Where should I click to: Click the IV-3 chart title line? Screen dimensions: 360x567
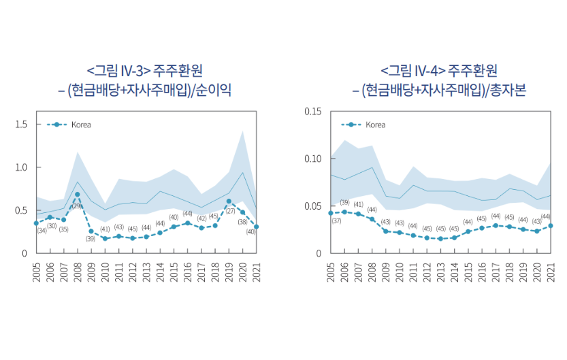pyautogui.click(x=144, y=70)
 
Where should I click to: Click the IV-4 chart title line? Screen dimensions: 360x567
pyautogui.click(x=439, y=70)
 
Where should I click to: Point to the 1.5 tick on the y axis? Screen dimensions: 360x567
pyautogui.click(x=20, y=125)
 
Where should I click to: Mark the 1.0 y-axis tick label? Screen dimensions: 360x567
pyautogui.click(x=20, y=167)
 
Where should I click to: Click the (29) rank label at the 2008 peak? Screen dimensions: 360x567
pyautogui.click(x=77, y=206)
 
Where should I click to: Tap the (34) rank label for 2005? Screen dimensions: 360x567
pyautogui.click(x=42, y=231)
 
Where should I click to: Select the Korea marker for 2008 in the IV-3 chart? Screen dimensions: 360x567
pyautogui.click(x=77, y=195)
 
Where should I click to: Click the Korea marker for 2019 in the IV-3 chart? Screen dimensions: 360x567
pyautogui.click(x=229, y=201)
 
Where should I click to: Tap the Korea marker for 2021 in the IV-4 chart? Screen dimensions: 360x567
pyautogui.click(x=550, y=226)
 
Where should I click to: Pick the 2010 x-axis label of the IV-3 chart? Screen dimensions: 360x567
pyautogui.click(x=105, y=269)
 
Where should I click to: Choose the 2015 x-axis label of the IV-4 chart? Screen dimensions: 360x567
pyautogui.click(x=468, y=269)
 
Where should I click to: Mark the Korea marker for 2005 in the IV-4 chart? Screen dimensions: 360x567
pyautogui.click(x=330, y=213)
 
